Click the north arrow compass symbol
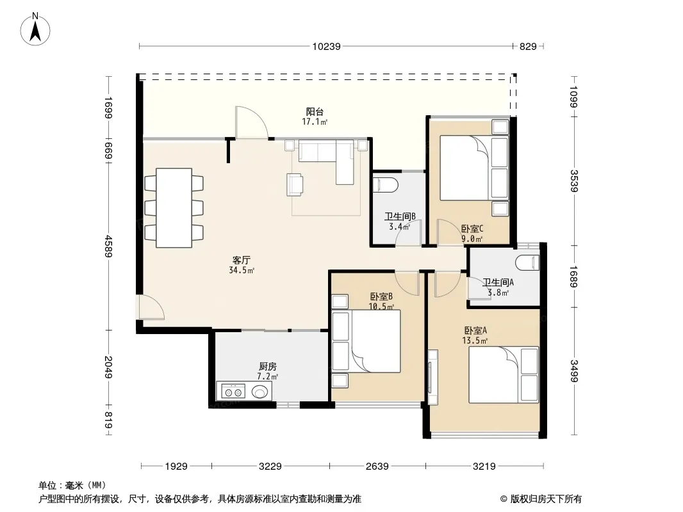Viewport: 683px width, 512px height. coord(35,29)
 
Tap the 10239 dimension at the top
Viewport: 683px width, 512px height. coord(326,46)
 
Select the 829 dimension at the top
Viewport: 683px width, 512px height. coord(528,46)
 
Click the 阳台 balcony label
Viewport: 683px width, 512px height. coord(315,112)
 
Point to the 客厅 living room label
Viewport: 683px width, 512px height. coord(242,260)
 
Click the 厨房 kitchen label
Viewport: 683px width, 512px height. coord(267,366)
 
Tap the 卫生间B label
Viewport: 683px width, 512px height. coord(400,216)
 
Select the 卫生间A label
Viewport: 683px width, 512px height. coord(498,282)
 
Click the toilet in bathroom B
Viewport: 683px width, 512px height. coord(386,185)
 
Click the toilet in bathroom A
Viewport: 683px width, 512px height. coord(527,262)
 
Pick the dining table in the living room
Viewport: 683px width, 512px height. coord(174,208)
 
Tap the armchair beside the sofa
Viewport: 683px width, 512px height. coord(295,184)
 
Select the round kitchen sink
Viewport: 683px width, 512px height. coord(260,392)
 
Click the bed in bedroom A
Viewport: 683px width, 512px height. coord(504,374)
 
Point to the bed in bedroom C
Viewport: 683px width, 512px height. coord(474,168)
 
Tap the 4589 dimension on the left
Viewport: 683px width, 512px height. coord(108,246)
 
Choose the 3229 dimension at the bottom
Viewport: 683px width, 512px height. coord(270,467)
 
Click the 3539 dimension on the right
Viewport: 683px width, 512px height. coord(573,180)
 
